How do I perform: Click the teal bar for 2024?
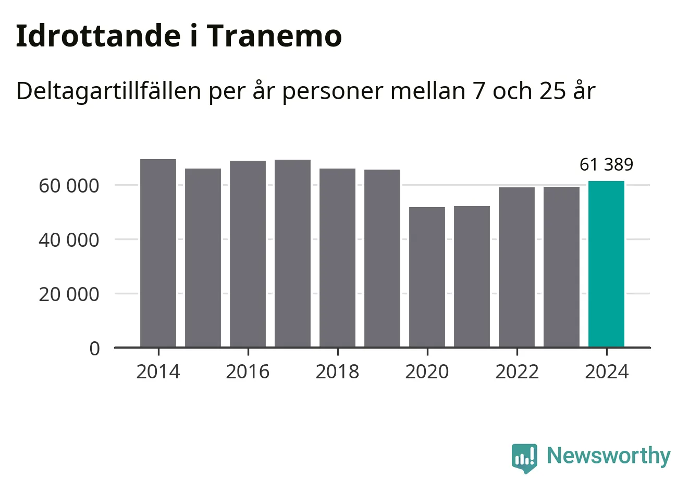[x=606, y=264]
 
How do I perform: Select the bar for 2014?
[x=158, y=253]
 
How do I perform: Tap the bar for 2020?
[x=427, y=277]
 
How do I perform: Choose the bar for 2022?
[x=516, y=267]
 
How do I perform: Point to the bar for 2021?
[x=472, y=277]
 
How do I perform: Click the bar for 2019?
[x=382, y=258]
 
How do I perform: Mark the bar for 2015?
[x=203, y=258]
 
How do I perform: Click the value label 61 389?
[x=606, y=165]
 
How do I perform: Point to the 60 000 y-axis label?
[x=69, y=185]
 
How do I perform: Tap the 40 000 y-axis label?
[x=69, y=240]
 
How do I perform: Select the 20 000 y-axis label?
[x=69, y=294]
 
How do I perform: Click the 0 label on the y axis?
[x=94, y=348]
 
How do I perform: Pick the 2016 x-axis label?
[x=248, y=372]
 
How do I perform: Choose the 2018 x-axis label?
[x=337, y=372]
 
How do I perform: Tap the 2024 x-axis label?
[x=607, y=372]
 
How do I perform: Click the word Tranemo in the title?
[x=274, y=36]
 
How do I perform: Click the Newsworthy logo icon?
[x=524, y=458]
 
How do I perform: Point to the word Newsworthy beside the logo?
[x=608, y=456]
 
